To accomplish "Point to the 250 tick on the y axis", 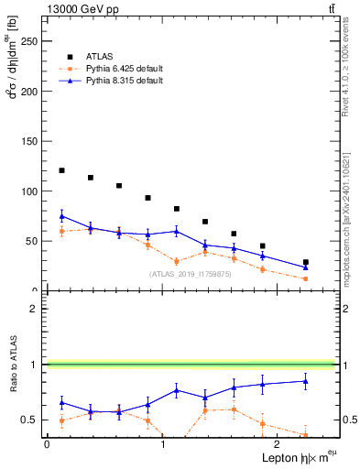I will pos(29,41).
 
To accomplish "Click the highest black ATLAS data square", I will pos(61,170).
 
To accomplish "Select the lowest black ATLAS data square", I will pos(306,262).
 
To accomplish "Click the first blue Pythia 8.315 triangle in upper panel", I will pos(61,216).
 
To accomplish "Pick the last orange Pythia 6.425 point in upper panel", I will pos(306,278).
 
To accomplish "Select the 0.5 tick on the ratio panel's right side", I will pos(351,420).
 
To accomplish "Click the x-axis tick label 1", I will pos(162,444).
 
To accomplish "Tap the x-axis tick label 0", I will pos(47,444).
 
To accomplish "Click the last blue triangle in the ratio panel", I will pos(306,381).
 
